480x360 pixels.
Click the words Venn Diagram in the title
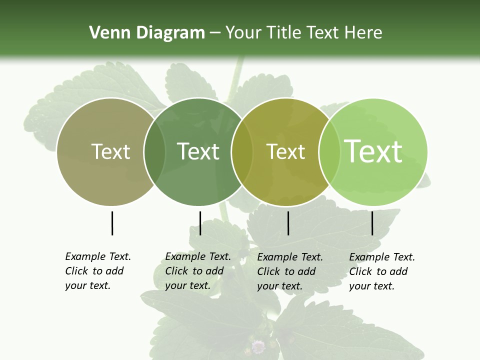[147, 33]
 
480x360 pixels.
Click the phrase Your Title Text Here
[303, 33]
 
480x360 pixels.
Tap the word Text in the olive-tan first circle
[110, 151]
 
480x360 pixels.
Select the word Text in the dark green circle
[198, 151]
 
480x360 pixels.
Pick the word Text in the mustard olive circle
[285, 151]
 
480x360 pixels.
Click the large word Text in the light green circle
[373, 151]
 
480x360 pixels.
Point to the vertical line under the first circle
[112, 223]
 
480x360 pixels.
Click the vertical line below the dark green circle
[200, 223]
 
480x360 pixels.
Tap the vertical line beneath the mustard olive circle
[288, 223]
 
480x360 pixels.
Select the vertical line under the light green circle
[372, 223]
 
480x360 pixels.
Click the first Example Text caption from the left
[98, 271]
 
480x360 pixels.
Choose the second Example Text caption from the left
[198, 271]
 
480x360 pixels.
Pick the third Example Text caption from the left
[290, 271]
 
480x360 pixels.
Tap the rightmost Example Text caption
[382, 271]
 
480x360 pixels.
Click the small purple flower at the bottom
[258, 346]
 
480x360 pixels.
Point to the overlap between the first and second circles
[154, 152]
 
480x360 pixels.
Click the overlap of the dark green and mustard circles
[242, 152]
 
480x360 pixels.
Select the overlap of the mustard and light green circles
[329, 152]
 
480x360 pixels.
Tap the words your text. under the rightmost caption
[371, 286]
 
